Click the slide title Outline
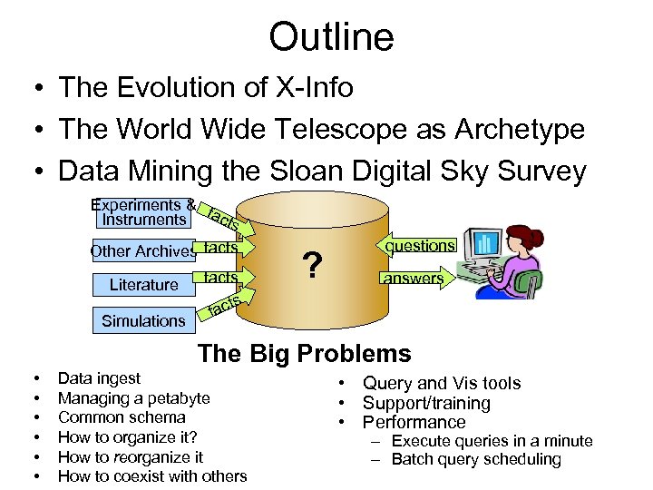(x=331, y=37)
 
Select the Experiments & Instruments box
(x=142, y=212)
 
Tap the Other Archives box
(x=142, y=251)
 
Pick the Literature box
(x=143, y=285)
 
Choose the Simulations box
(x=143, y=320)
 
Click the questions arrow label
(x=419, y=246)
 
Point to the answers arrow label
(x=413, y=279)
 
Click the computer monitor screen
(x=485, y=244)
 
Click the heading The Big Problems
(x=304, y=354)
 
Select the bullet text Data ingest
(x=99, y=378)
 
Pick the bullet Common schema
(x=122, y=417)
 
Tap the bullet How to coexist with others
(x=152, y=476)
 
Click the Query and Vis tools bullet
(x=442, y=384)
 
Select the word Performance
(x=414, y=422)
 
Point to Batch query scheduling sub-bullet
(x=476, y=459)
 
